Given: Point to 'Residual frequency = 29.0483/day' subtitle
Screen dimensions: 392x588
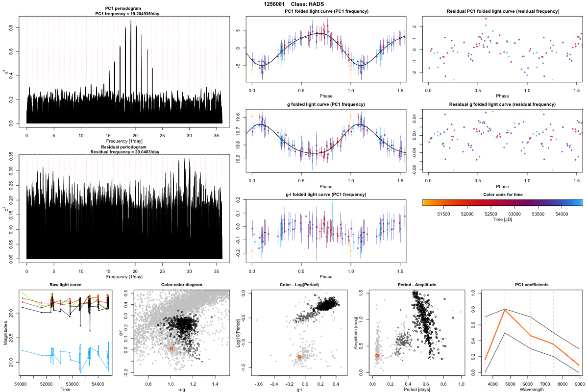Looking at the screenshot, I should coord(124,152).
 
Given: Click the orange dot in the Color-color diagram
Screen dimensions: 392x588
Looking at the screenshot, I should coord(171,348).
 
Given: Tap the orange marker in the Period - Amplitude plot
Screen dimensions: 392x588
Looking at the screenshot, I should coord(377,356).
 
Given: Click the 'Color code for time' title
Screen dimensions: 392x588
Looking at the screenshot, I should coord(502,194).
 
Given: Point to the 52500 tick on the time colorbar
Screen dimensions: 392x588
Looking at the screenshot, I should coord(490,214).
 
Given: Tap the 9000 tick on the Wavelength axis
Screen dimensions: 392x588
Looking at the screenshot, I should coord(579,384).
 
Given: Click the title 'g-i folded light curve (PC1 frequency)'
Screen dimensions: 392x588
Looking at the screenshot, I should coord(326,195).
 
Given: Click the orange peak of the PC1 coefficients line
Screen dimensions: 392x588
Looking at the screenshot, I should coord(505,310).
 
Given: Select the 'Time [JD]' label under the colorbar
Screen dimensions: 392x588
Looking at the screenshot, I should coord(502,220).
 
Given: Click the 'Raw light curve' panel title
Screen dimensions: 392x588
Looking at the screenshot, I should coord(65,285).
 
